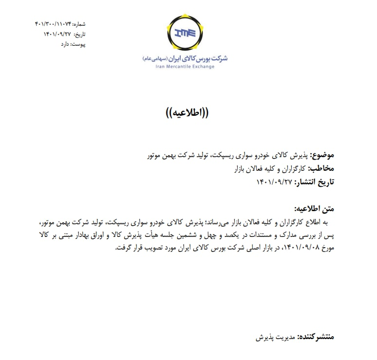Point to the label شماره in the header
click(x=79, y=23)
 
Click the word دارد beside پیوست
click(x=65, y=44)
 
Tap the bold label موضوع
click(x=323, y=156)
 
